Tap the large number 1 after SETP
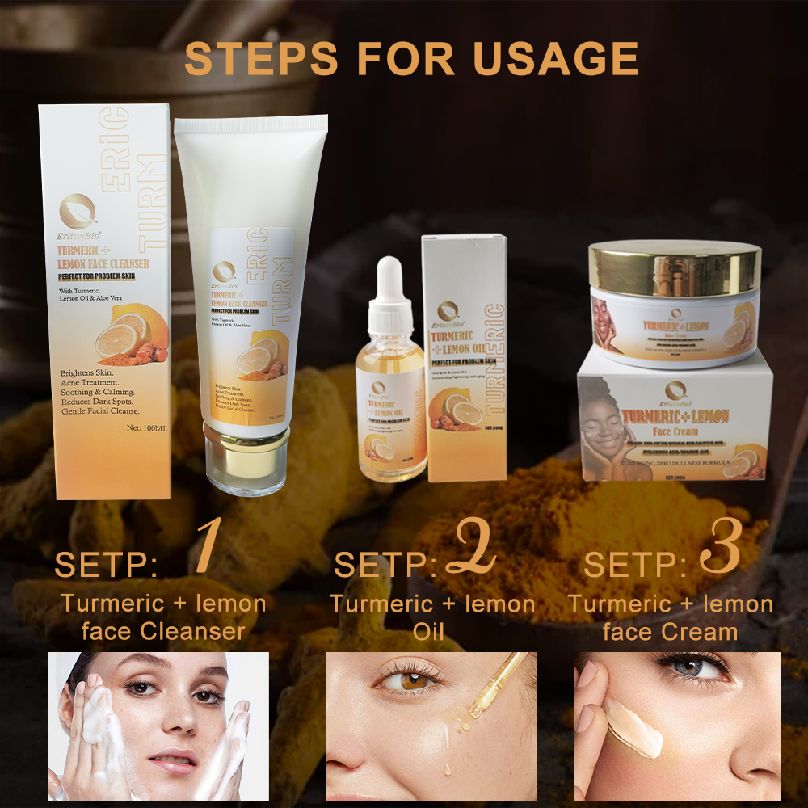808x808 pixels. (x=207, y=547)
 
